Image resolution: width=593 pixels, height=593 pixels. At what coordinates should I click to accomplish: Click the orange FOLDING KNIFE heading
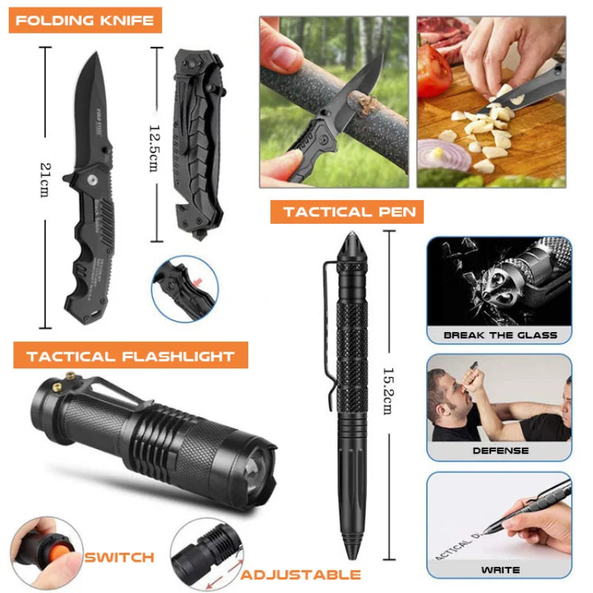tap(85, 19)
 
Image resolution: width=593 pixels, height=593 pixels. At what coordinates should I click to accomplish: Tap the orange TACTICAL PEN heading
tap(347, 212)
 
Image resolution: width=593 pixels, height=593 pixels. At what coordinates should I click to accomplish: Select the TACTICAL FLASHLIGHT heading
tap(130, 357)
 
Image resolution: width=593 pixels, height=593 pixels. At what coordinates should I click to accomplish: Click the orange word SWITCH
tap(119, 557)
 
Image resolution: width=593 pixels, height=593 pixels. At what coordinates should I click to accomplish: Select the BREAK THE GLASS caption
tap(500, 335)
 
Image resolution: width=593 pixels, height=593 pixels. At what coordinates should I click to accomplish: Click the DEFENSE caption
tap(500, 450)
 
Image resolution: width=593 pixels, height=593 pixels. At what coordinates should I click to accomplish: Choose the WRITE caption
tap(500, 569)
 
